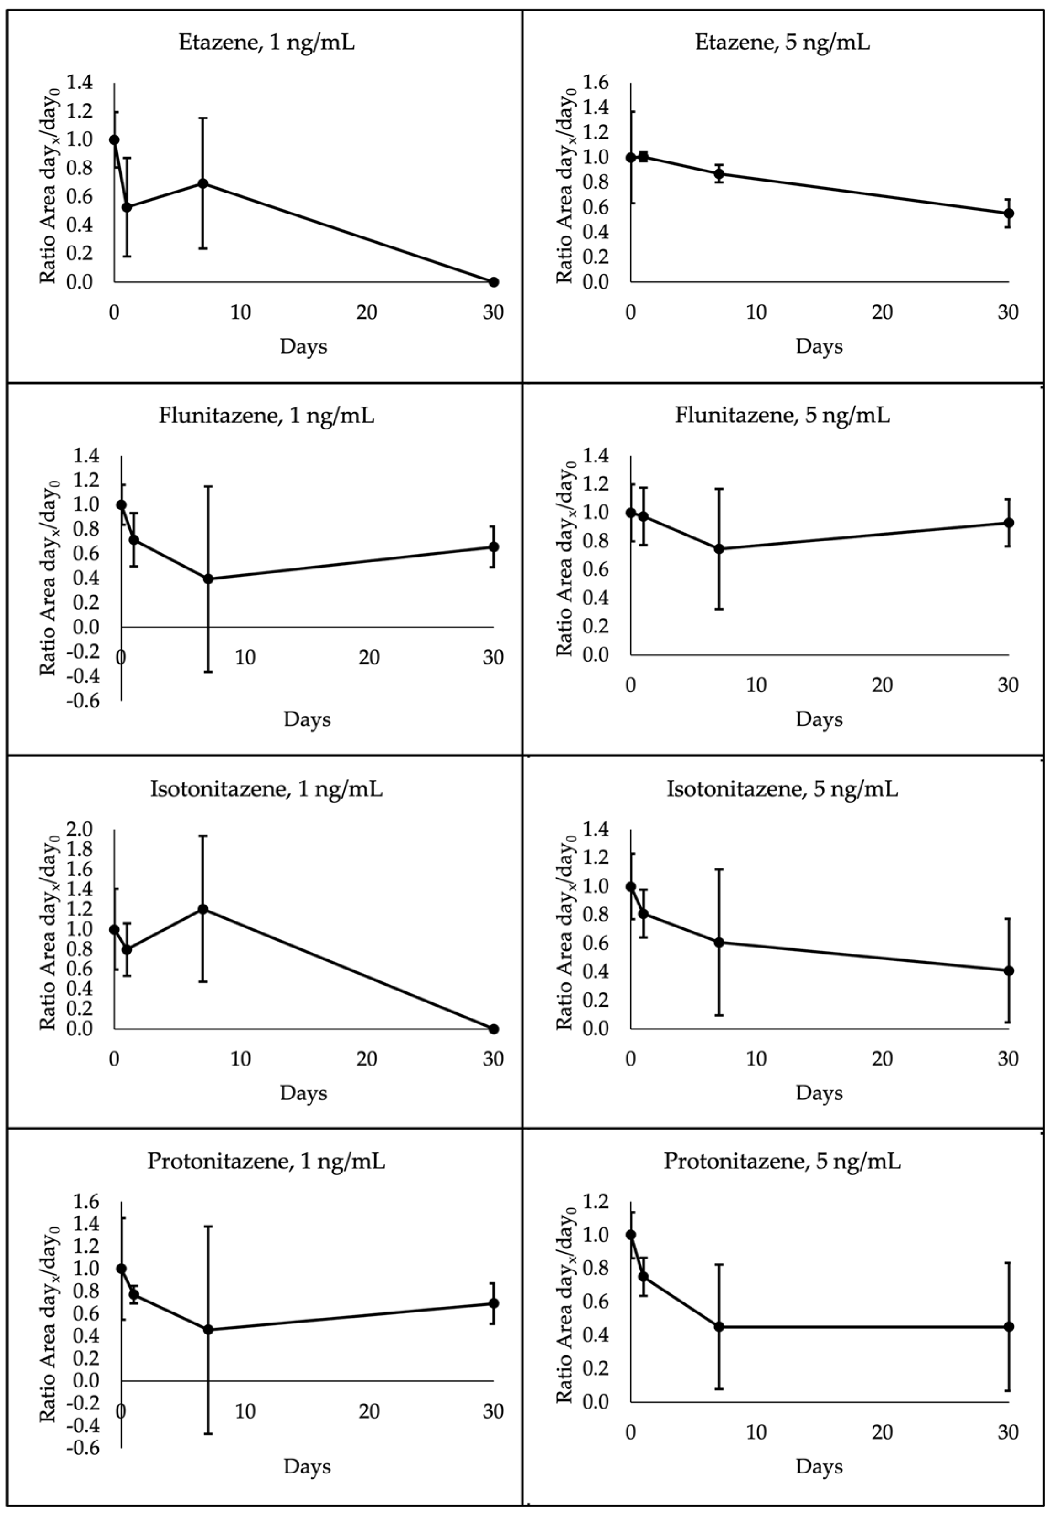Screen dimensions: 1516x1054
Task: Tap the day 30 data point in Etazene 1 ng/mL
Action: point(494,282)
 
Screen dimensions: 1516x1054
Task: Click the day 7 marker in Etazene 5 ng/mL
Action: point(719,174)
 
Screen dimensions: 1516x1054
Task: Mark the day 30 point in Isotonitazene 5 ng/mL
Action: point(1008,970)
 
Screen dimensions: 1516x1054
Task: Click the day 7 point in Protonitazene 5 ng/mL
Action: point(719,1327)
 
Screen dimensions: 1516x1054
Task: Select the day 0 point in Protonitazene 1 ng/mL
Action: point(121,1269)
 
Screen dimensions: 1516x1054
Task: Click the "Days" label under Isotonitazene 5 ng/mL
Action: point(819,1093)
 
